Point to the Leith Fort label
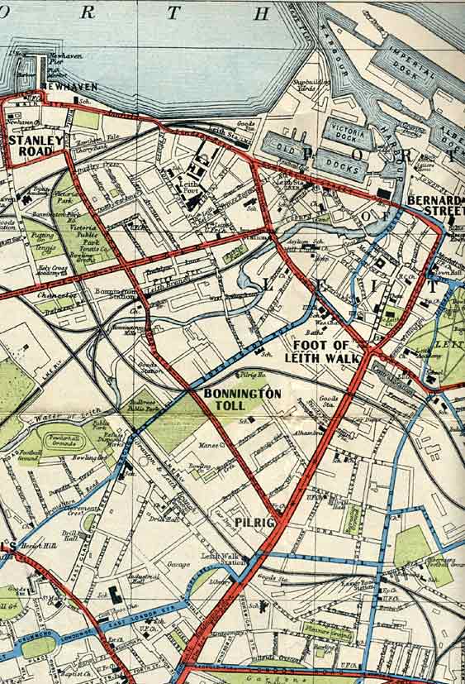coord(190,189)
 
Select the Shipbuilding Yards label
coord(306,87)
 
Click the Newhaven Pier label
coord(57,63)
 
